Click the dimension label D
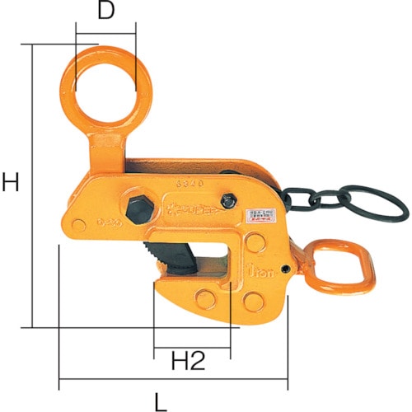point(105,13)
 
